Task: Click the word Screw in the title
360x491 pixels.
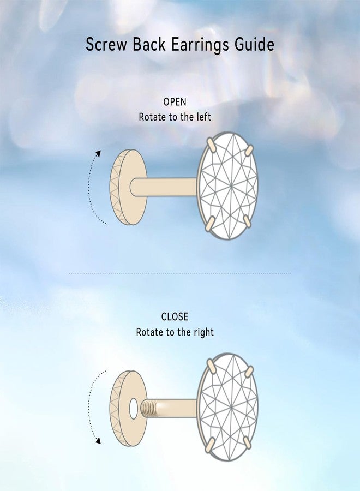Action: pos(106,44)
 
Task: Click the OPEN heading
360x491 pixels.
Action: pos(175,102)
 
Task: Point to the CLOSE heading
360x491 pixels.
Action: pos(175,316)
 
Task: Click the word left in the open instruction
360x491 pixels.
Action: pos(204,117)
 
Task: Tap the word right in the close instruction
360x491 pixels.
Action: pos(203,332)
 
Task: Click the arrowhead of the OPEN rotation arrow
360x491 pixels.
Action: pos(99,153)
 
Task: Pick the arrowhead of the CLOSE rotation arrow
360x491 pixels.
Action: pos(98,441)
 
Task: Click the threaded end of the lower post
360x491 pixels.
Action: pos(148,408)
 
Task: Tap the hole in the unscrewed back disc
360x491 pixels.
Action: pos(133,408)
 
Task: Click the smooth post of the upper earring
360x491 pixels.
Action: pos(164,187)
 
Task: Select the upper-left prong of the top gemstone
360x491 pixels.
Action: pos(211,146)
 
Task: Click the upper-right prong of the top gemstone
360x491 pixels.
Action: pos(249,149)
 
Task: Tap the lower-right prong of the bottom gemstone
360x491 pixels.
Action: pos(247,442)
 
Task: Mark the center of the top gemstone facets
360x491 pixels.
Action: pos(231,187)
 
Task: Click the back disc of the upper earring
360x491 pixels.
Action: pos(128,187)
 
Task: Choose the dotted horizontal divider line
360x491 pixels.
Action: pos(180,274)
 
